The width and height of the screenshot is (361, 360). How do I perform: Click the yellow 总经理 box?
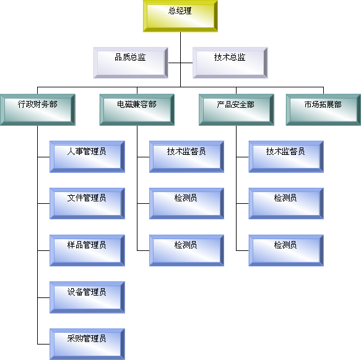pos(180,16)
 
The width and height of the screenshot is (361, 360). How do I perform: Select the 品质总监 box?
pos(131,63)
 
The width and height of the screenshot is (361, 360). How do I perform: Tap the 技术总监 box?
pos(230,63)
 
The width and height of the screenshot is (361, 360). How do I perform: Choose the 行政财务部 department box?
pos(38,110)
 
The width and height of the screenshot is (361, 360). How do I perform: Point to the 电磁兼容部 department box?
pos(137,110)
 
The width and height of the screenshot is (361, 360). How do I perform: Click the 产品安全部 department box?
pos(237,110)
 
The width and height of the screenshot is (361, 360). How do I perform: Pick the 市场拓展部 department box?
pos(323,110)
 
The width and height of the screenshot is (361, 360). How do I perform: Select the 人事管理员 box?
pos(87,157)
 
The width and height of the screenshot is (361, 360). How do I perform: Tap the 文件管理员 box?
pos(87,204)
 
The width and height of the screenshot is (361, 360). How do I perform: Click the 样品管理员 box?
pos(87,250)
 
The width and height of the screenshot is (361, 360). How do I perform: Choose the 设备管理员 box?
pos(87,297)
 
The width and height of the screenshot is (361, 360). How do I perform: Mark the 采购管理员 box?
pos(87,344)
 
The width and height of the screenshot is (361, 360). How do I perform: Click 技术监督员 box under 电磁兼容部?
pos(186,157)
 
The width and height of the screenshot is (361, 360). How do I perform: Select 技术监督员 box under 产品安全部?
pos(286,157)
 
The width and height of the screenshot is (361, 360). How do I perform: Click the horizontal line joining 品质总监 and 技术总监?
pos(180,63)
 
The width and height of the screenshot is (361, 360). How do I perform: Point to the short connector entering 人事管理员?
pos(43,157)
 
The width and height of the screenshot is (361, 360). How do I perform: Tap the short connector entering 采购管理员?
pos(43,344)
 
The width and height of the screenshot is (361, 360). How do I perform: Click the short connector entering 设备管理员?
pos(43,297)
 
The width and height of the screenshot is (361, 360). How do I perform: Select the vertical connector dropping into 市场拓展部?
pos(323,90)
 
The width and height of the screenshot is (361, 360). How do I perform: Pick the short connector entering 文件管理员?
pos(43,204)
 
